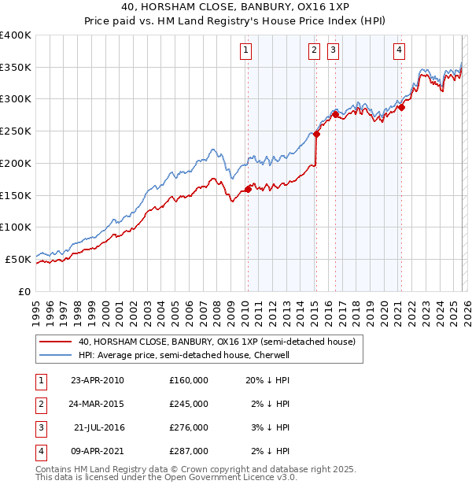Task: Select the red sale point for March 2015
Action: [316, 134]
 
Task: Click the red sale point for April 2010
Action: [248, 189]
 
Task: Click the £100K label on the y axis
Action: [16, 227]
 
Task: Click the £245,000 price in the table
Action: [188, 404]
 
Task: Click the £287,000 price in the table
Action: [188, 451]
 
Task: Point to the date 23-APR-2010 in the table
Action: [97, 380]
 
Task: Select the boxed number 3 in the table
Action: [40, 427]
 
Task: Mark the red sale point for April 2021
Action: [401, 107]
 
